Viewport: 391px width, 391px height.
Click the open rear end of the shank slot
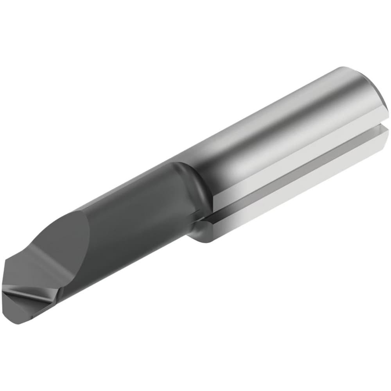(x=385, y=129)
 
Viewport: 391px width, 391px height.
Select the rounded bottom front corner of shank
(x=203, y=239)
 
